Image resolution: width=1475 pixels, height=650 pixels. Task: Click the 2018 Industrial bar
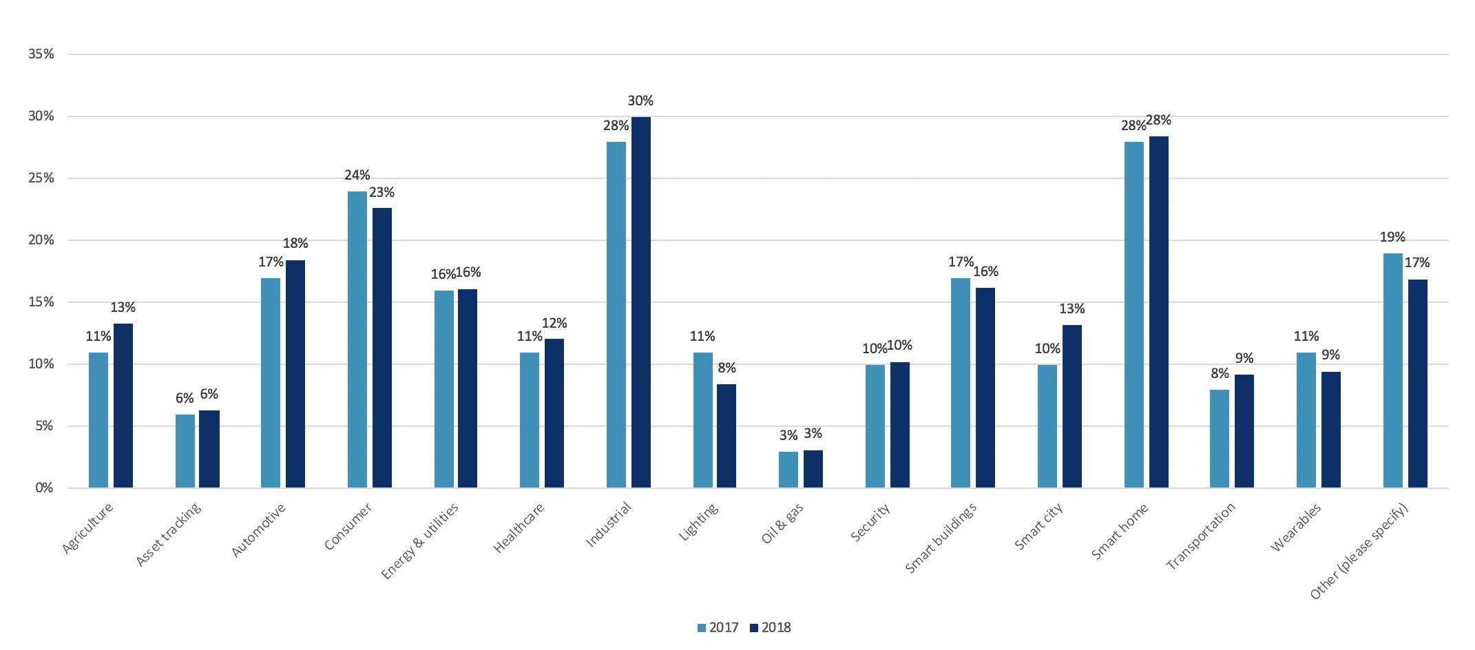point(640,302)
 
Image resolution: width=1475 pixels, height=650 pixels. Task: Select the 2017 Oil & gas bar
point(788,470)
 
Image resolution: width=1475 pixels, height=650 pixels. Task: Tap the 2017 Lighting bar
point(702,420)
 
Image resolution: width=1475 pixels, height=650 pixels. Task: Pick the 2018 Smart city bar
point(1071,406)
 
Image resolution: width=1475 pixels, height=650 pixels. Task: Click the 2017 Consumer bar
point(357,339)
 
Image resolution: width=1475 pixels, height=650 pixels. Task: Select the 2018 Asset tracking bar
point(209,449)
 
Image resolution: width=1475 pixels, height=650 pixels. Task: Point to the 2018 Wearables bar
point(1330,430)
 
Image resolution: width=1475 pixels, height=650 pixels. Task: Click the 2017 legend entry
point(718,628)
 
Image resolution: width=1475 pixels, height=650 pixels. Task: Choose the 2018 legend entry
point(770,628)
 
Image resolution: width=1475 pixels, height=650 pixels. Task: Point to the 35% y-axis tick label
point(41,54)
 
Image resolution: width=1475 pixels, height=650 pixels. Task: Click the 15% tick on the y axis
point(41,302)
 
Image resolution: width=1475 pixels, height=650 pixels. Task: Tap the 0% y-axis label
point(44,488)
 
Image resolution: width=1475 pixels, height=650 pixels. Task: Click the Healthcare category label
point(519,528)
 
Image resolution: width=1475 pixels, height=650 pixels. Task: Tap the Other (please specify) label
point(1359,552)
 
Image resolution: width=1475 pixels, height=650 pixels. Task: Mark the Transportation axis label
point(1200,536)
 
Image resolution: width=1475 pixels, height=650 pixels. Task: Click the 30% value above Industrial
point(640,101)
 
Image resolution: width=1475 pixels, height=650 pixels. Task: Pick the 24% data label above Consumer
point(357,176)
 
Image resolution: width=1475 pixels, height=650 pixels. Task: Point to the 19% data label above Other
point(1392,238)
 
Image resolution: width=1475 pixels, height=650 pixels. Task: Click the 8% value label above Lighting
point(726,368)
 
